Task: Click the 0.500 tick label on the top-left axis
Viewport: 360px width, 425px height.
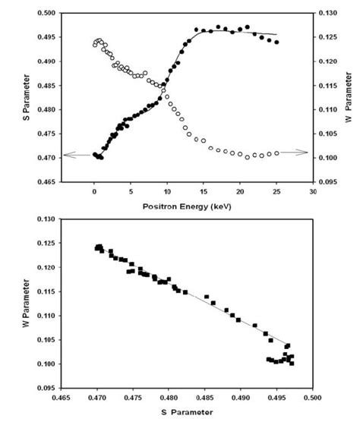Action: coord(46,13)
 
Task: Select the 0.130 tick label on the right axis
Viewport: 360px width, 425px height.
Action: coord(329,13)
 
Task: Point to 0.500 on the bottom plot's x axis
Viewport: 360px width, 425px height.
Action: coord(312,396)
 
